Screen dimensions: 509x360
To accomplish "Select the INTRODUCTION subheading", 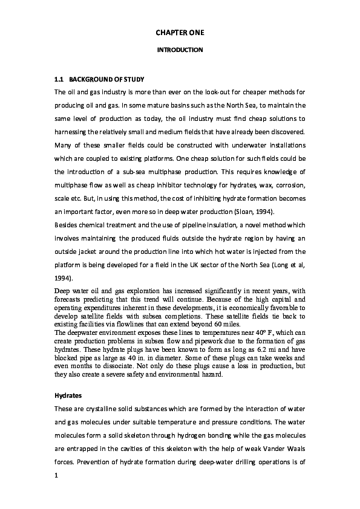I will (x=180, y=50).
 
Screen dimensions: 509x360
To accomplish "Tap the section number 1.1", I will (x=59, y=79).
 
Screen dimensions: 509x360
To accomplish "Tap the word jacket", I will (x=96, y=251).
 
